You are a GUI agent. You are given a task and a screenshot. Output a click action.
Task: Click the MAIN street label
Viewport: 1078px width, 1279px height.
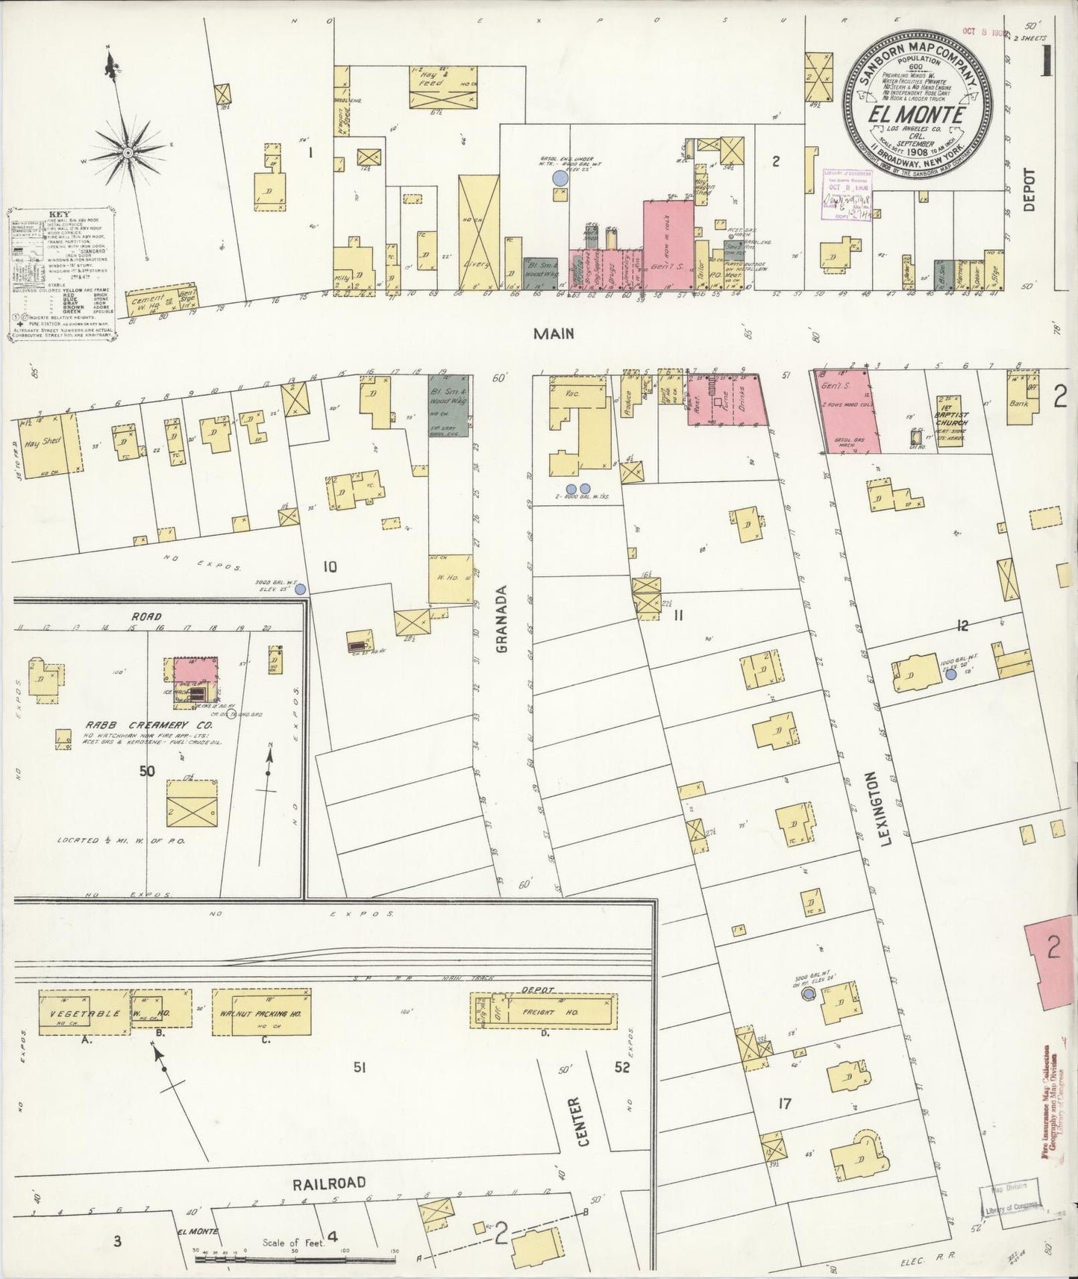[x=554, y=334]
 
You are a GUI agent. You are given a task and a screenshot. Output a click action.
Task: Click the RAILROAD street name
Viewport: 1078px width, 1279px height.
[x=329, y=1182]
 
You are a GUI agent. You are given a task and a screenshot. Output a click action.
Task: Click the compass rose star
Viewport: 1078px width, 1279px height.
[x=128, y=152]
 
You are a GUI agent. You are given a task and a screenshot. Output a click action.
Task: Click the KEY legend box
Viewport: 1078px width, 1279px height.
[x=63, y=275]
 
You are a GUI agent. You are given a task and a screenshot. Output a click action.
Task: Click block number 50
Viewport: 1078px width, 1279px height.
[x=147, y=771]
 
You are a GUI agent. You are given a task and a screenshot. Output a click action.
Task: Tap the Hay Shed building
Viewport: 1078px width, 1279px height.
[x=45, y=445]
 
